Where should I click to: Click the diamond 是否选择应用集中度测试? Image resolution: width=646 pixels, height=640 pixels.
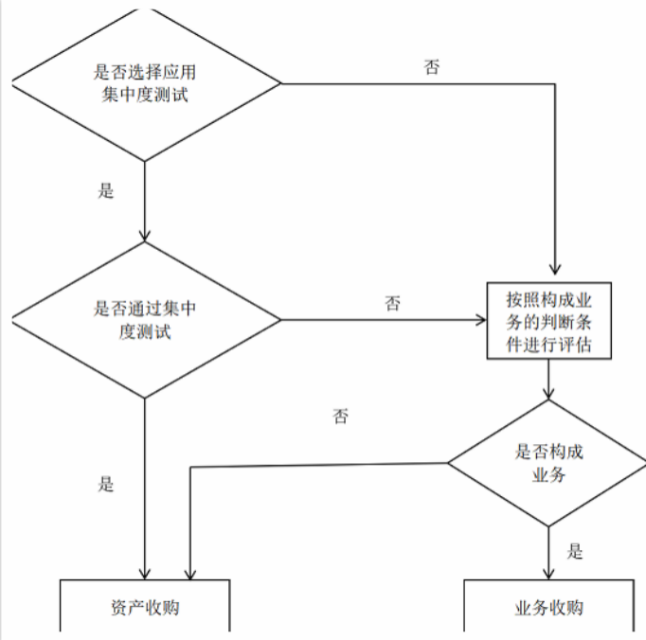(144, 84)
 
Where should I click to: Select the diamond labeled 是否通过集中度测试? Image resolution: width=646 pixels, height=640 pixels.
(144, 320)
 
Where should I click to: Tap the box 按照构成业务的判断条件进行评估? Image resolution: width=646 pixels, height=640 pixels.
(549, 321)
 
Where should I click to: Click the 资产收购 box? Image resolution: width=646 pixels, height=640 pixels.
(144, 607)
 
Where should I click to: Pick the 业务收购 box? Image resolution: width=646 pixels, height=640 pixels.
(549, 607)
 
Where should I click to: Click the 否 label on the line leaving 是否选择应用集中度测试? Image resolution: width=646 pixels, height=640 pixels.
(431, 68)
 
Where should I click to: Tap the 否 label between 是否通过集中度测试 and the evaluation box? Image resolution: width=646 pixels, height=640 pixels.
(392, 305)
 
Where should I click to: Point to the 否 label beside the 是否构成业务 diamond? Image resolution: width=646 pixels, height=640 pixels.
(340, 417)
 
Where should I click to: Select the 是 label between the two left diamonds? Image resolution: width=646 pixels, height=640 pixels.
(106, 190)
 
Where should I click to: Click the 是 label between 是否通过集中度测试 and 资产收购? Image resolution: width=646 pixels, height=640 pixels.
(106, 485)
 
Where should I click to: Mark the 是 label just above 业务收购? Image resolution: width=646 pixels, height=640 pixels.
(574, 552)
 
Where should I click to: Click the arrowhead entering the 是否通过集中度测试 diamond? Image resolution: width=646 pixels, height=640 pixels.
(144, 236)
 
